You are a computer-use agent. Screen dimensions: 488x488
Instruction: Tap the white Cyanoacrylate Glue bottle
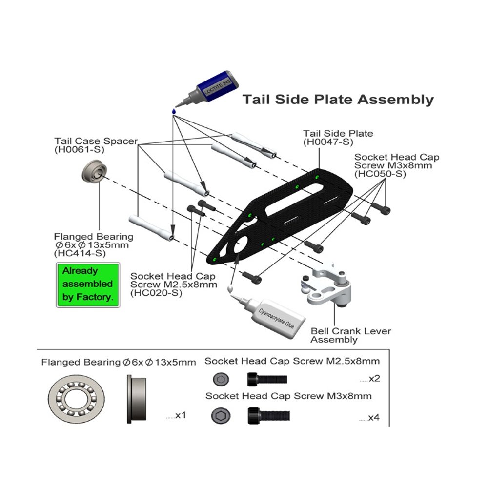coord(273,316)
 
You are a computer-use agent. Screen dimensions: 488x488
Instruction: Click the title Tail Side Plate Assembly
coord(338,100)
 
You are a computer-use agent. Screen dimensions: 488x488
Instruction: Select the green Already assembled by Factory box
coord(88,284)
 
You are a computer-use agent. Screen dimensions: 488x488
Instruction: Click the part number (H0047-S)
coord(327,142)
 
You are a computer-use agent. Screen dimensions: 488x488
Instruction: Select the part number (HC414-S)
coord(80,254)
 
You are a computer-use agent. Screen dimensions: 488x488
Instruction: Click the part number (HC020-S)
coord(156,293)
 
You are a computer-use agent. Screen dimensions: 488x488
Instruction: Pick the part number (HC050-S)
coord(380,174)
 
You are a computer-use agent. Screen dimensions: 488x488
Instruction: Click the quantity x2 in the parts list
coord(375,379)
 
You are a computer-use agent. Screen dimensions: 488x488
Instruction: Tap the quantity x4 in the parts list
coord(375,418)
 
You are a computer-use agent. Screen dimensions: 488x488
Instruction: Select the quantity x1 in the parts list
coord(181,415)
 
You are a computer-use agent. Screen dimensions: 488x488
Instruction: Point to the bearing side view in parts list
coord(137,399)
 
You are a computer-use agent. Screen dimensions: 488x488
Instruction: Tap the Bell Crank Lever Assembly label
coord(350,335)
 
